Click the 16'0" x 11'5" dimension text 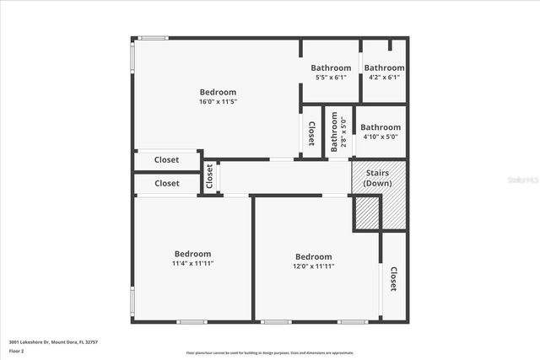point(218,102)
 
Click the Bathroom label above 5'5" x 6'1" point(331,68)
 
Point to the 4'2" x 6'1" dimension point(384,78)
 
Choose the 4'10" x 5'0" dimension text point(380,137)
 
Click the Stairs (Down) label point(377,178)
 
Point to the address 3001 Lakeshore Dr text point(53,341)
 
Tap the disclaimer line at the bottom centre point(270,353)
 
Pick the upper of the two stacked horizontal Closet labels point(166,159)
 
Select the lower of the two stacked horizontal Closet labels point(166,183)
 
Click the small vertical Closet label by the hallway point(209,176)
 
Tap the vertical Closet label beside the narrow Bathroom point(311,133)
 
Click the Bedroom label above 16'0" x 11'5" point(218,92)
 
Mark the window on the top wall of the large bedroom point(153,38)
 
